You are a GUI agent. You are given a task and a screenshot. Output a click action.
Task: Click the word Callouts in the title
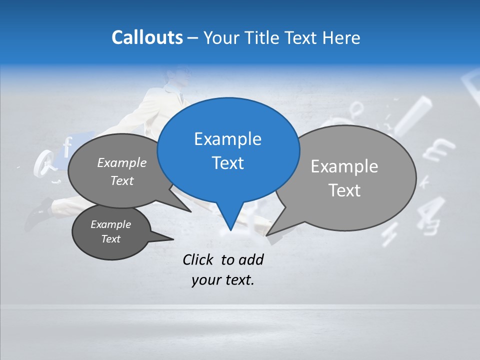tap(147, 37)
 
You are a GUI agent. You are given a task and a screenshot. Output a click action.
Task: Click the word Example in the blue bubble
tap(227, 139)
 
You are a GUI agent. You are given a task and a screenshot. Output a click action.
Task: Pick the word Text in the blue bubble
tap(227, 163)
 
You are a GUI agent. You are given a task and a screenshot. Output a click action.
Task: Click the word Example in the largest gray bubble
tap(344, 166)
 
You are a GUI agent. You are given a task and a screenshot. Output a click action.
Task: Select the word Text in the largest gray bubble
tap(344, 190)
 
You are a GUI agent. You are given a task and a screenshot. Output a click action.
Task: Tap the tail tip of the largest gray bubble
tap(267, 234)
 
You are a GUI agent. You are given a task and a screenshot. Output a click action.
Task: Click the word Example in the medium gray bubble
tap(122, 163)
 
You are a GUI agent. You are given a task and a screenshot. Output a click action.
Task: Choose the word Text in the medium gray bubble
tap(122, 181)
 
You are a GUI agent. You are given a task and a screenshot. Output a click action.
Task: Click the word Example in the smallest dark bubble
tap(110, 224)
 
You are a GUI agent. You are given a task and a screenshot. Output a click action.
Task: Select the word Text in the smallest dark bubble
tap(110, 239)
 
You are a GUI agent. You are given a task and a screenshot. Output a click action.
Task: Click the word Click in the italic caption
tap(199, 259)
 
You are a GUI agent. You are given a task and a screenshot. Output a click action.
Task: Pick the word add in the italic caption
tap(250, 259)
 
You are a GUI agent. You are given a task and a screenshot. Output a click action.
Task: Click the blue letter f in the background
tap(66, 147)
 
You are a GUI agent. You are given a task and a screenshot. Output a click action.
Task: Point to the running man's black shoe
tap(37, 213)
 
